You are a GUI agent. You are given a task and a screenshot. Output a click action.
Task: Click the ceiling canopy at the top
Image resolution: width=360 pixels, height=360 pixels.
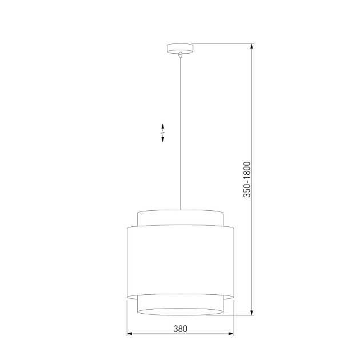click(x=179, y=48)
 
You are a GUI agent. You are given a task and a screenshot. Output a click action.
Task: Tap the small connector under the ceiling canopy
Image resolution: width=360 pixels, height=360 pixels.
click(x=180, y=54)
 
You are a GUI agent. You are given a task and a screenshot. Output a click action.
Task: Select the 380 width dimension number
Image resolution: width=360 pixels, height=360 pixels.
click(x=180, y=328)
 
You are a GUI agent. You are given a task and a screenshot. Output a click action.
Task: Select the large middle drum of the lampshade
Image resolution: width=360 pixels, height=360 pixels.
click(x=179, y=260)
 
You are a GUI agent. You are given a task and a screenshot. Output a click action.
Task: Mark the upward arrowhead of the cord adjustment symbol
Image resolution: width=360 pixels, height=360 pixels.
click(x=163, y=126)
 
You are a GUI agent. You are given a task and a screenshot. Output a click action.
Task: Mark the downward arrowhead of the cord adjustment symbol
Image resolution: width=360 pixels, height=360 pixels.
click(x=163, y=139)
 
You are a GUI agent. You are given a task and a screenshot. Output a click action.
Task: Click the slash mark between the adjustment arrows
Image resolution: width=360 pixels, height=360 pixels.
click(x=163, y=133)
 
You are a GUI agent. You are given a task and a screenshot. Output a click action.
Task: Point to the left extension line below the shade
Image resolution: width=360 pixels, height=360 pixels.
click(x=126, y=317)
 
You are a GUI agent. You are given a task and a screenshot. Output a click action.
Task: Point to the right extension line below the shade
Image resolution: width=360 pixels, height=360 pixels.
click(x=233, y=317)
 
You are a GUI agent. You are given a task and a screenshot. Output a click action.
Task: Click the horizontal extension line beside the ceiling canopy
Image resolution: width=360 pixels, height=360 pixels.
click(x=223, y=45)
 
